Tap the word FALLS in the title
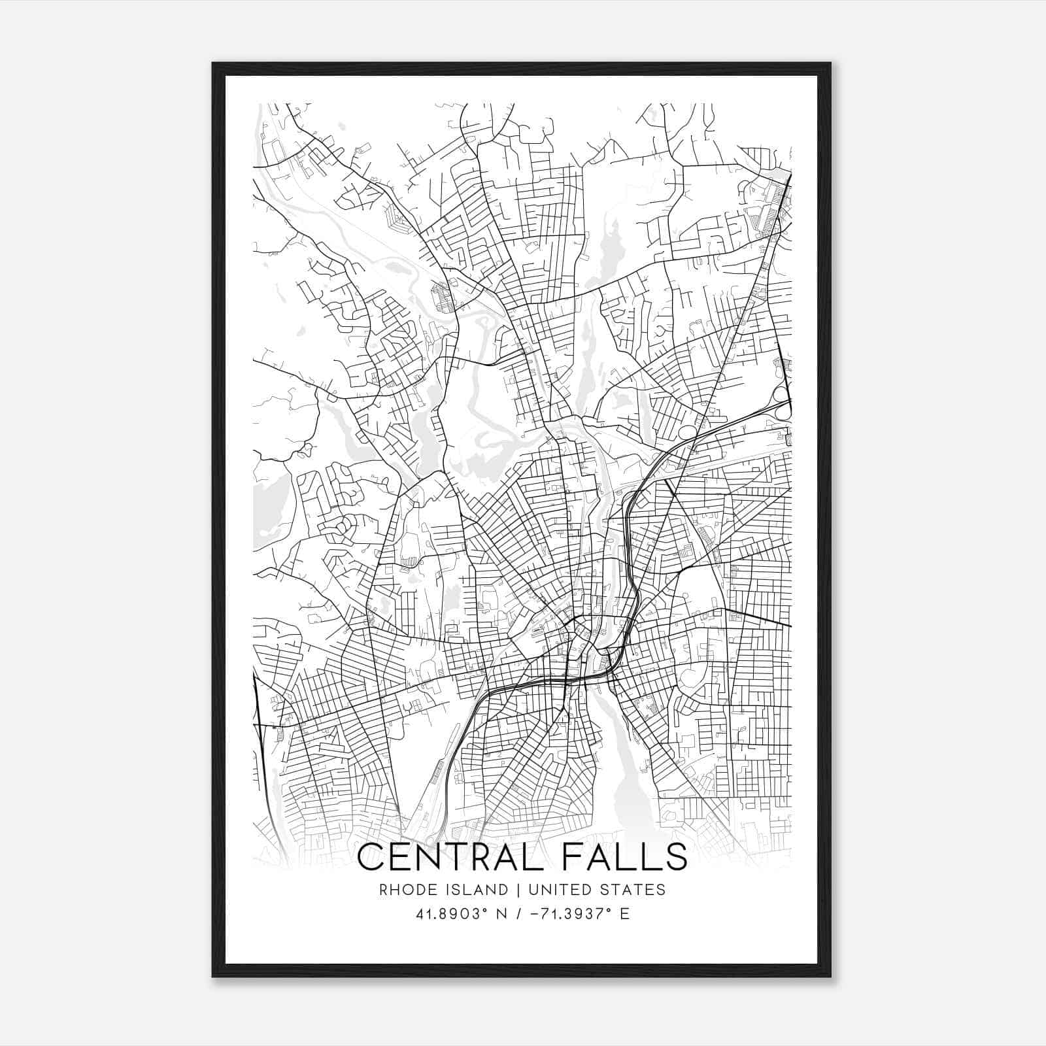(630, 856)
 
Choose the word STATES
(633, 890)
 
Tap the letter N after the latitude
(501, 914)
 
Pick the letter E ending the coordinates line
(625, 914)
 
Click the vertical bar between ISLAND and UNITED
(517, 890)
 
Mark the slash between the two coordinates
(520, 914)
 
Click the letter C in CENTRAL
(371, 856)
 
